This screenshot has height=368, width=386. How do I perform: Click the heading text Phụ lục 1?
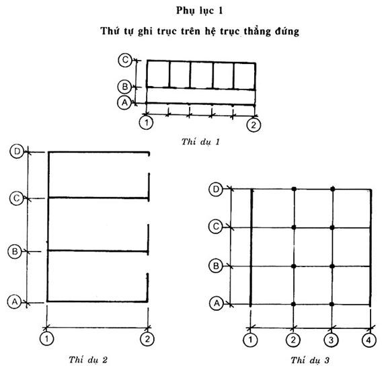(200, 11)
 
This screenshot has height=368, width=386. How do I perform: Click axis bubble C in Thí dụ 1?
(125, 60)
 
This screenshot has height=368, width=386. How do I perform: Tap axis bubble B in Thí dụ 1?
(125, 87)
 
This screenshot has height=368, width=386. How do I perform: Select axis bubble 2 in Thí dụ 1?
(254, 125)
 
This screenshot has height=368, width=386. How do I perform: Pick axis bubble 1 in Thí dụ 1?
(147, 122)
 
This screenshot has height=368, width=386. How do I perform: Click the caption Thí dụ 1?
(200, 142)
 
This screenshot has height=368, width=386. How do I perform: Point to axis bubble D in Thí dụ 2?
(17, 151)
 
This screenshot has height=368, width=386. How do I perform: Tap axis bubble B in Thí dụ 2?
(15, 252)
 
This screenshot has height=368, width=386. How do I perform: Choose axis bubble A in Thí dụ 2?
(15, 301)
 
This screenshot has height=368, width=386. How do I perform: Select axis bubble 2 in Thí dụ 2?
(147, 339)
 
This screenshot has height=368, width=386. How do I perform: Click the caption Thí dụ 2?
(88, 360)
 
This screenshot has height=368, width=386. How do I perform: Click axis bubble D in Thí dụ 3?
(216, 190)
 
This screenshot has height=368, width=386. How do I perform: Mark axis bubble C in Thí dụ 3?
(216, 226)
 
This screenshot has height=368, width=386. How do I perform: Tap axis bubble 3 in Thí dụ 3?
(331, 340)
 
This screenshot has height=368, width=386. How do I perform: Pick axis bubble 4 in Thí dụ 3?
(369, 340)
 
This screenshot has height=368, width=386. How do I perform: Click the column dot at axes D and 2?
(294, 189)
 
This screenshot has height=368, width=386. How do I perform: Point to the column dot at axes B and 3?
(332, 266)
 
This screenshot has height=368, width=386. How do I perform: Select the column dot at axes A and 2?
(293, 304)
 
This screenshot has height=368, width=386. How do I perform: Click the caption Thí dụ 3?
(310, 361)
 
